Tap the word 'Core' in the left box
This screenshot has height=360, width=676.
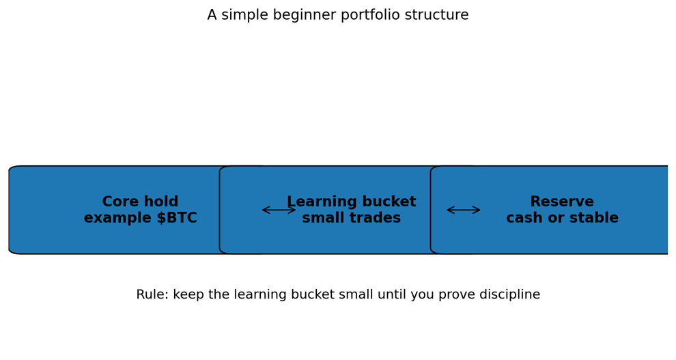[121, 202]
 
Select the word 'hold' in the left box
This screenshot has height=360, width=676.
[161, 202]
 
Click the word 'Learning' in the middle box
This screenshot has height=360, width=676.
[321, 202]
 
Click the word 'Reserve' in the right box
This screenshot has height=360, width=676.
[562, 202]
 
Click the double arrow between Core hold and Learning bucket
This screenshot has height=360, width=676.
[279, 210]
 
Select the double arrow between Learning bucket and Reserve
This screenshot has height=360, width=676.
[463, 210]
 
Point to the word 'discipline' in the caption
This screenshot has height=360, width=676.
[507, 295]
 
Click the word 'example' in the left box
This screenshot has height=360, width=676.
[113, 219]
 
